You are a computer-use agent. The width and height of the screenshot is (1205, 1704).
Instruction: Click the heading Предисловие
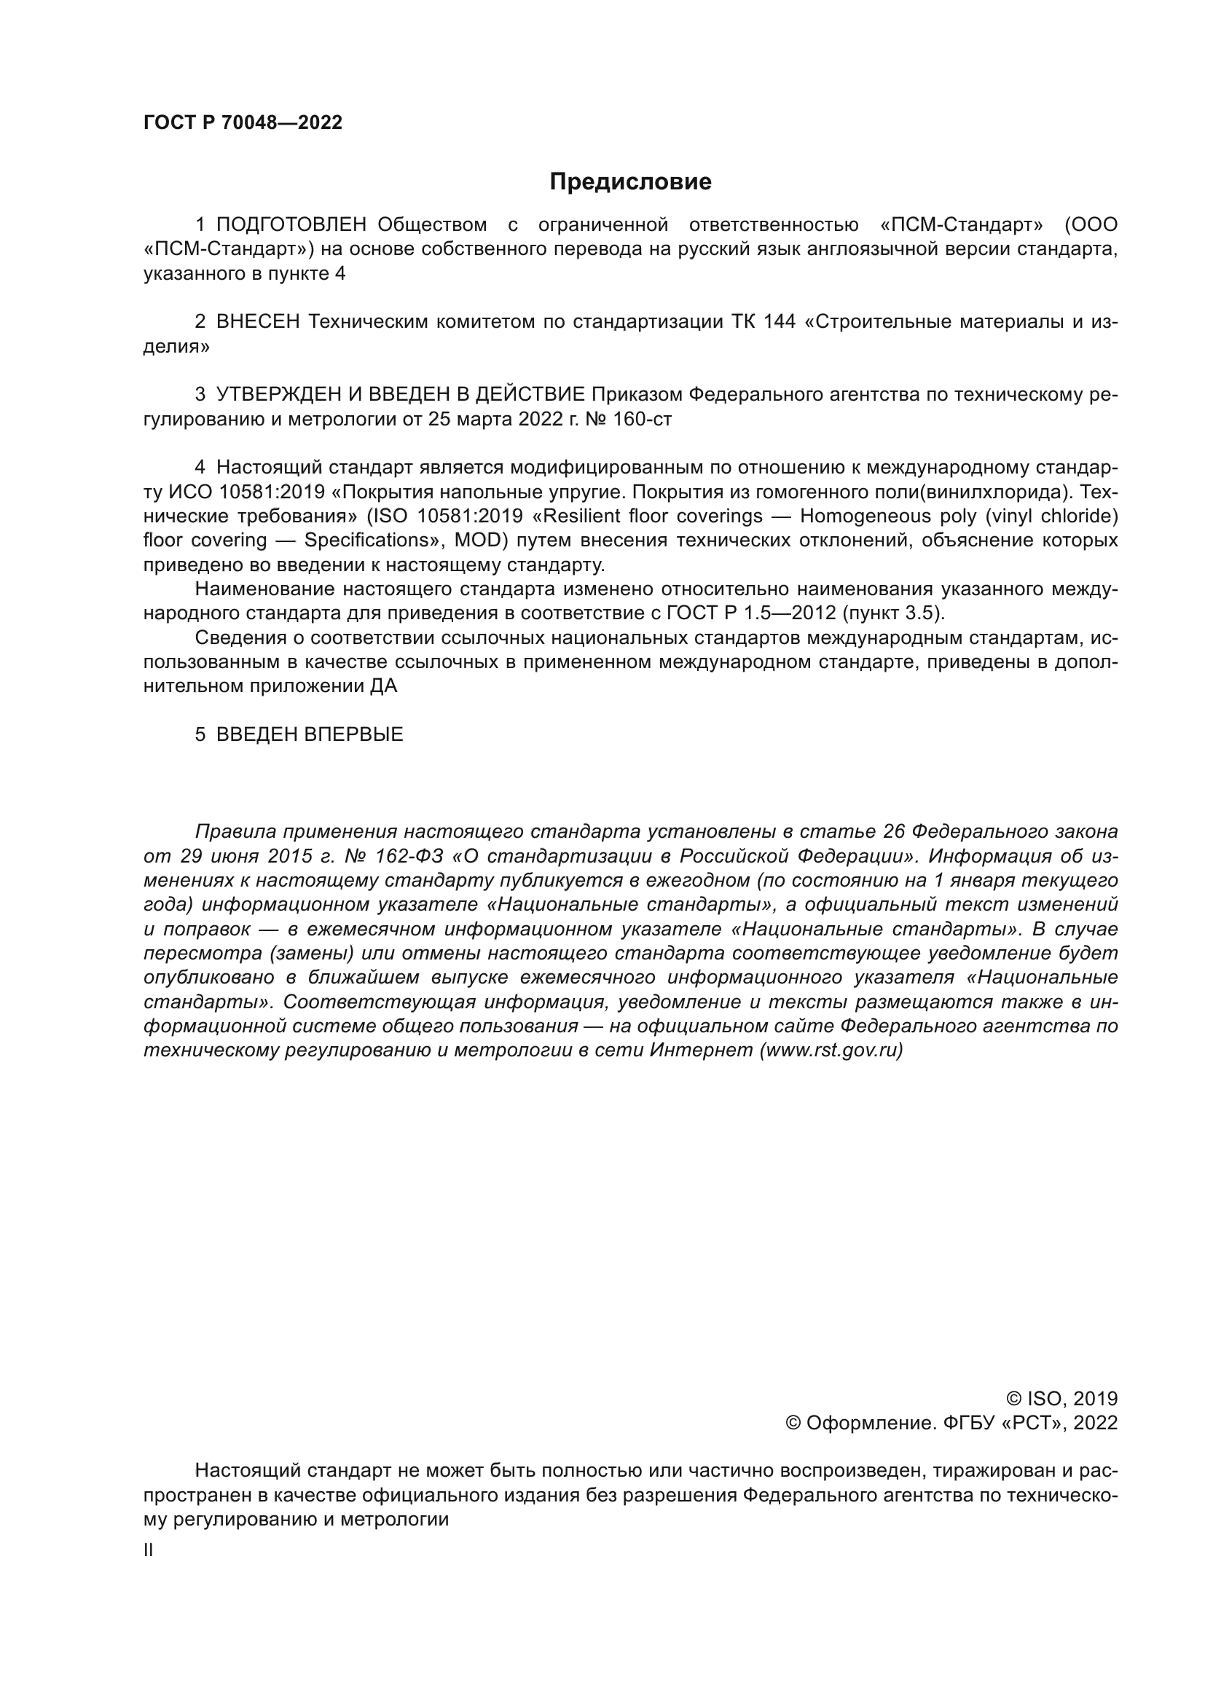point(630,182)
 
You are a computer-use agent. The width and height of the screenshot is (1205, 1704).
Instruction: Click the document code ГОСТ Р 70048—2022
point(243,123)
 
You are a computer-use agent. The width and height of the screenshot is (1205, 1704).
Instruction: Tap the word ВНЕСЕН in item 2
point(258,321)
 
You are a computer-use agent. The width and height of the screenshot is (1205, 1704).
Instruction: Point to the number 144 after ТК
point(778,321)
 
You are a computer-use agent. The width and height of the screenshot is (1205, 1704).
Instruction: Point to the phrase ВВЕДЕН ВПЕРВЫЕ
point(310,735)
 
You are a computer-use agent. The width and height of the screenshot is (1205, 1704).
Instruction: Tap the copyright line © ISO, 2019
point(1061,1399)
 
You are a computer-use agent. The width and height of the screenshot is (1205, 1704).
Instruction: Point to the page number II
point(149,1550)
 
